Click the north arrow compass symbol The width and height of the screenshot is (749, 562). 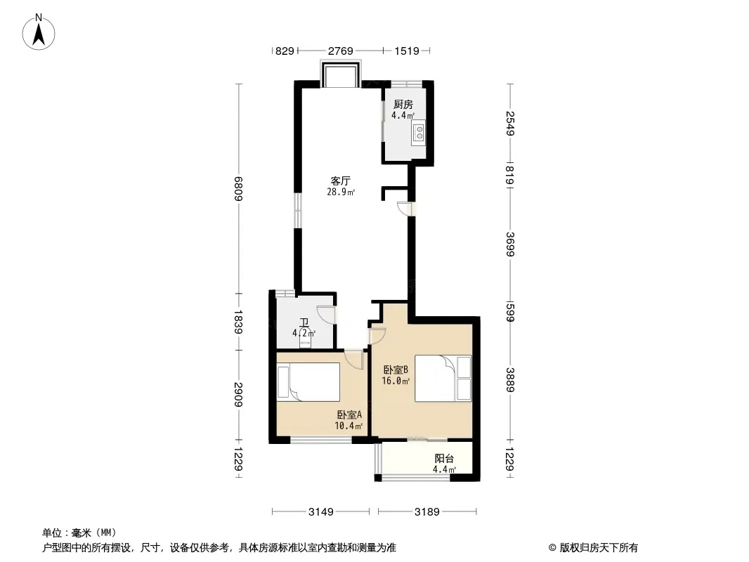39,32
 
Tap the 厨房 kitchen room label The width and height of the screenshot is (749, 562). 403,104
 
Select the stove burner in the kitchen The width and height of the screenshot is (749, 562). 419,132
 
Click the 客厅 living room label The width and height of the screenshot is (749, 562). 341,181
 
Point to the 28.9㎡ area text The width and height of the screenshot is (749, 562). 341,192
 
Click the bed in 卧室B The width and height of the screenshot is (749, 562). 443,378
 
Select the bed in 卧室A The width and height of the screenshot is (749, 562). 308,381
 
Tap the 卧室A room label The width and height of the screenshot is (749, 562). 349,414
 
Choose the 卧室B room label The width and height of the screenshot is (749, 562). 396,370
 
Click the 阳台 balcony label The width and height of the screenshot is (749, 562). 444,459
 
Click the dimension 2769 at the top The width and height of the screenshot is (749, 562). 340,51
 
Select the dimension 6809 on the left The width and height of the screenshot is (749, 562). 238,188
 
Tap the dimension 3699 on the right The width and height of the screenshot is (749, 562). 510,244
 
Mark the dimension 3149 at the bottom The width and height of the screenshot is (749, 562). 320,512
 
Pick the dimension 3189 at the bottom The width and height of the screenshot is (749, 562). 426,512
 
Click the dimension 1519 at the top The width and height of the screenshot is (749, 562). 407,51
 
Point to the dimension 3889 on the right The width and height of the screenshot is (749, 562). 510,379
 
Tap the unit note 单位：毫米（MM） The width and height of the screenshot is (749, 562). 79,532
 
